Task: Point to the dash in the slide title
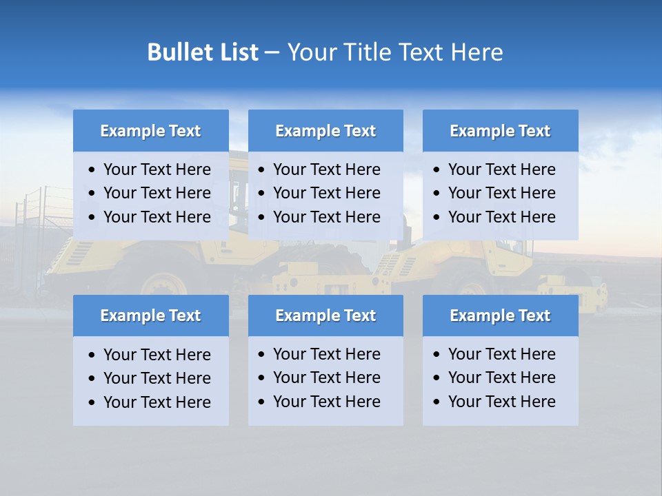pyautogui.click(x=272, y=53)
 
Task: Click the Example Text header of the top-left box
pyautogui.click(x=150, y=131)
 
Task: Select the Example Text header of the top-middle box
pyautogui.click(x=325, y=131)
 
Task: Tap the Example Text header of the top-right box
pyautogui.click(x=500, y=131)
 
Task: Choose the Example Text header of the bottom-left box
pyautogui.click(x=150, y=316)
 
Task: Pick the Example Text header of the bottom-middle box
pyautogui.click(x=325, y=316)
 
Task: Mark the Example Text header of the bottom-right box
pyautogui.click(x=500, y=316)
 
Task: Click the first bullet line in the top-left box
pyautogui.click(x=157, y=169)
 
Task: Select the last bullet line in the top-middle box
pyautogui.click(x=326, y=217)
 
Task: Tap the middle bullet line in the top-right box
pyautogui.click(x=501, y=193)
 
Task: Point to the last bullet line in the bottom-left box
pyautogui.click(x=157, y=402)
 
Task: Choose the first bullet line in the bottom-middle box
pyautogui.click(x=326, y=354)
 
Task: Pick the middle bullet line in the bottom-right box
pyautogui.click(x=501, y=378)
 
